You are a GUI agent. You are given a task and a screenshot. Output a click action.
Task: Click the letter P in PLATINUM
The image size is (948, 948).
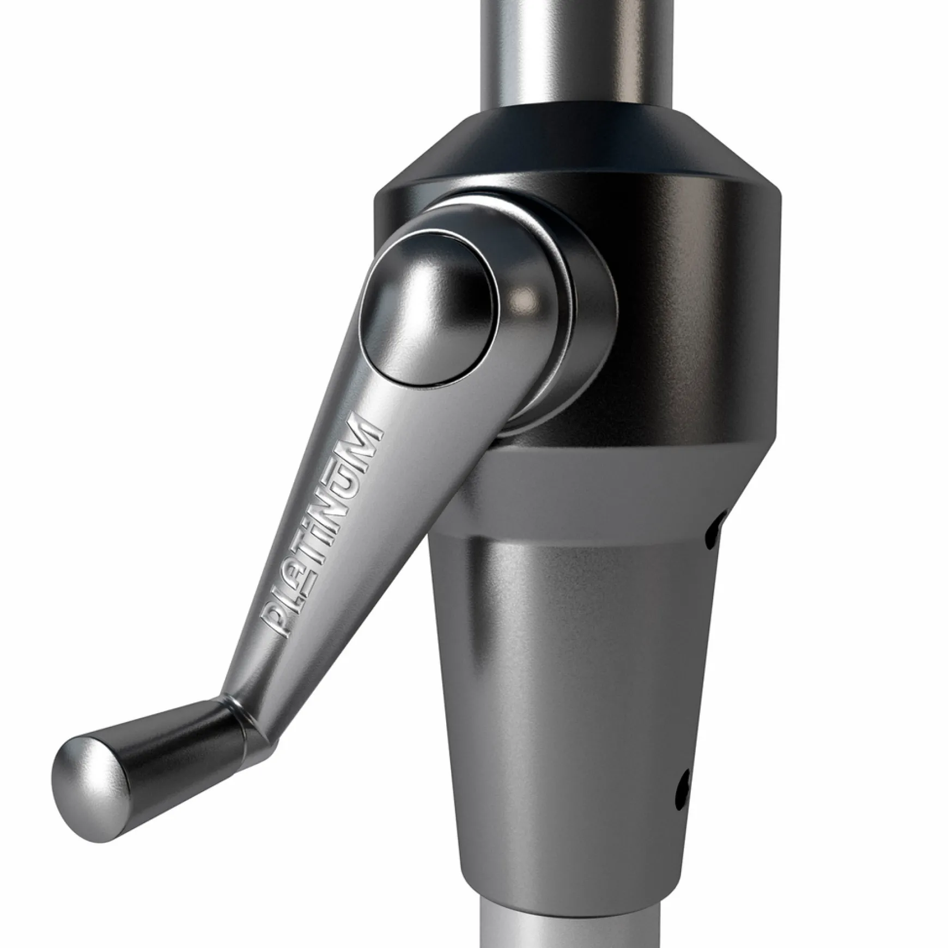point(278,619)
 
